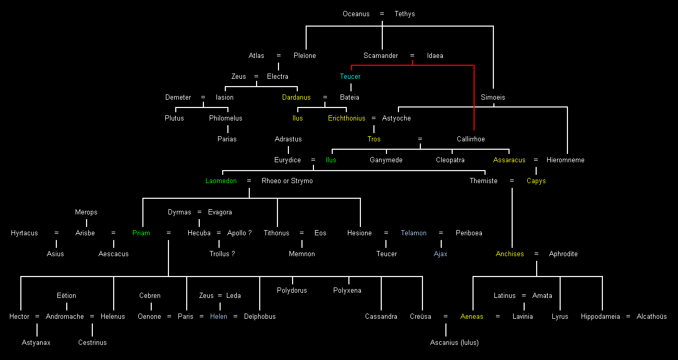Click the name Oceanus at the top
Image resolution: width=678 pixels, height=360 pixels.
356,14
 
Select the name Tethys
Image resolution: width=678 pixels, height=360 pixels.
405,14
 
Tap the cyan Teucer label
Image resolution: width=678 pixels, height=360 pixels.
350,77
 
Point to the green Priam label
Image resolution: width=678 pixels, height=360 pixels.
141,233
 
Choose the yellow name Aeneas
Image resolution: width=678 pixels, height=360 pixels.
472,317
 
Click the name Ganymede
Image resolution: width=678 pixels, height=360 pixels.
386,160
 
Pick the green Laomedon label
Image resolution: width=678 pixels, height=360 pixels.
221,181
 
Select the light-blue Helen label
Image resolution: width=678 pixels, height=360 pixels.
219,317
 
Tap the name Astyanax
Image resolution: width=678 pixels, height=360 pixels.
36,343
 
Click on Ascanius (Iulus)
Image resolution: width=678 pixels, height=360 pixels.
454,343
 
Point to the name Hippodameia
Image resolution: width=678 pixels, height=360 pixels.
600,317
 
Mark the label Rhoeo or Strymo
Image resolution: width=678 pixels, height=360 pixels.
287,181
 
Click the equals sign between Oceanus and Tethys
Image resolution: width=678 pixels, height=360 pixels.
382,14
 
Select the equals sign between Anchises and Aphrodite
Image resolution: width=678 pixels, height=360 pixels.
536,254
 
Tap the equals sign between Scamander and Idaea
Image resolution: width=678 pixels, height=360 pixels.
412,56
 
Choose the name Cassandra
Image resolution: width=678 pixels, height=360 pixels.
381,317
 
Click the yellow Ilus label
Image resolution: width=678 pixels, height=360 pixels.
297,118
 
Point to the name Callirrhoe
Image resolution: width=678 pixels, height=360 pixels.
471,139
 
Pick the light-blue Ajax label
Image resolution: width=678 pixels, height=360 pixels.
441,254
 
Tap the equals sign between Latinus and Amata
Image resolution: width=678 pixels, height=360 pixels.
524,296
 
